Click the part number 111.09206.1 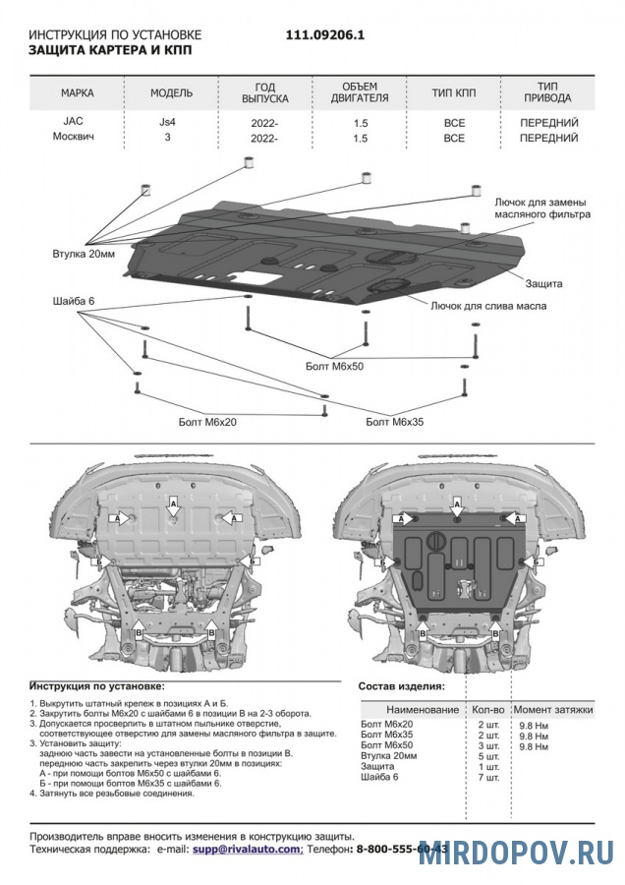(325, 33)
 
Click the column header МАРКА (77, 93)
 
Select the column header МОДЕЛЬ (171, 93)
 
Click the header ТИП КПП (453, 93)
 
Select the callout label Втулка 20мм (84, 254)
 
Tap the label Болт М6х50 (334, 366)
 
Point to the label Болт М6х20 (207, 421)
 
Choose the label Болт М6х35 (393, 422)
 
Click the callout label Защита (543, 283)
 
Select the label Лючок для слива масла (487, 306)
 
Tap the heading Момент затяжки (554, 709)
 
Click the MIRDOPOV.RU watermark (515, 853)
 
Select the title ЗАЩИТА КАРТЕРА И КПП (110, 48)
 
